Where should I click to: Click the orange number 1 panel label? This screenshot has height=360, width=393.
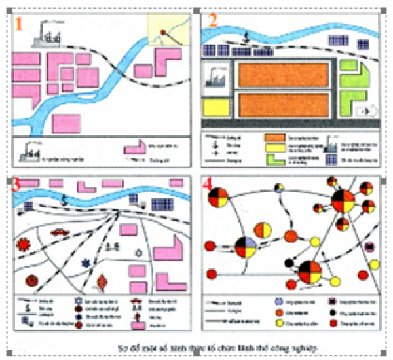[20, 25]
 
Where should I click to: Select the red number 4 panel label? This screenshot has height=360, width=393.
[208, 185]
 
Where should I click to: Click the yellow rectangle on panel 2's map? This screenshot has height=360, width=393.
[215, 107]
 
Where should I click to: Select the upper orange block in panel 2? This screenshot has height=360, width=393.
[283, 75]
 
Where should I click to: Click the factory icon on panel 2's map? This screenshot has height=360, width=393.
[215, 78]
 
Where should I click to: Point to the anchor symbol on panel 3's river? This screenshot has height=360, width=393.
[64, 198]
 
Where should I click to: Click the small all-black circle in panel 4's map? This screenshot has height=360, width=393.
[288, 262]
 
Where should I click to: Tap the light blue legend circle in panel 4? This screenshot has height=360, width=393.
[279, 302]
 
